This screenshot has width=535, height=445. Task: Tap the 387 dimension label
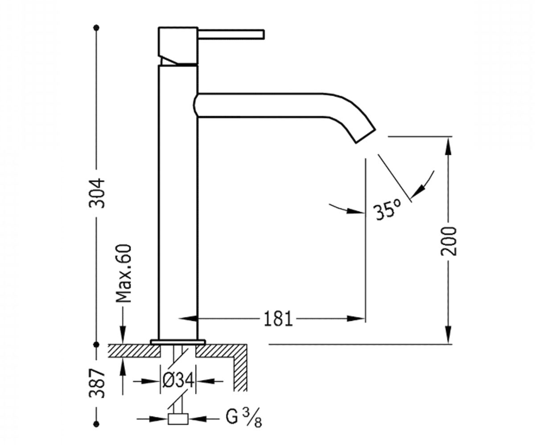click(x=97, y=383)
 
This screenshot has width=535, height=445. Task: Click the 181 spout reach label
click(x=278, y=319)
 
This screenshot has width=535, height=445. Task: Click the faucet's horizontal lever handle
click(x=231, y=35)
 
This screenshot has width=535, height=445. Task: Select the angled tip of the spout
click(x=365, y=136)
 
